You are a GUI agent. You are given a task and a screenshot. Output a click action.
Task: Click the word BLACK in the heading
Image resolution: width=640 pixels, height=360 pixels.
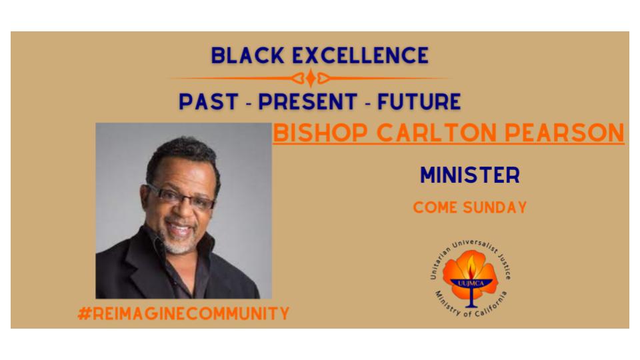click(247, 55)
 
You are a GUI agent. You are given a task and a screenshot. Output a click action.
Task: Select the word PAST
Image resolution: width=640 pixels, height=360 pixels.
click(209, 101)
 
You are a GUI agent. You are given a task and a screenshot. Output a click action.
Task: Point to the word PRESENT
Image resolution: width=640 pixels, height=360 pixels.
click(308, 101)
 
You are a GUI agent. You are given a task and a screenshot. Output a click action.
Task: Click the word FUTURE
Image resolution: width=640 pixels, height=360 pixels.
click(419, 101)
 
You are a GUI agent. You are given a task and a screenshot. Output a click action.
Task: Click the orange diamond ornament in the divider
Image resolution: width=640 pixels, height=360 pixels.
click(311, 78)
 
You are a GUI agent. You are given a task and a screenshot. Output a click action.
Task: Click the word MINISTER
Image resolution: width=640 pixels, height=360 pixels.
click(470, 175)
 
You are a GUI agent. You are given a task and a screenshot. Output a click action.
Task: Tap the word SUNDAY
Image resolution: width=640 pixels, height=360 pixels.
click(495, 207)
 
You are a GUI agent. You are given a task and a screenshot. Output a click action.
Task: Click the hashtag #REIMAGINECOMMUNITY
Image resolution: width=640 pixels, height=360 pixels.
click(184, 313)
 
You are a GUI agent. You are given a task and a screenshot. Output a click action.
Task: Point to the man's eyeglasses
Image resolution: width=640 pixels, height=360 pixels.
click(181, 197)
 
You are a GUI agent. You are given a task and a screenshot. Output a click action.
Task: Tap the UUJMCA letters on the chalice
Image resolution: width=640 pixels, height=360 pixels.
click(471, 283)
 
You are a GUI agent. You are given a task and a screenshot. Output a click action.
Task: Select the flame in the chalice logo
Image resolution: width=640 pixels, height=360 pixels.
click(471, 267)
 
